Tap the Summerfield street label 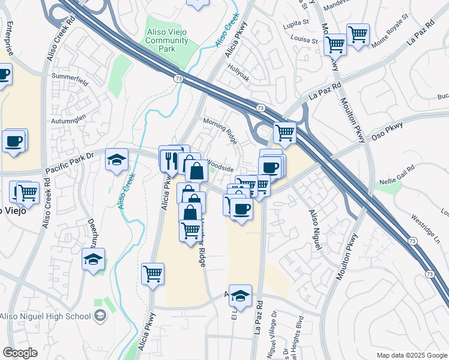pyautogui.click(x=70, y=77)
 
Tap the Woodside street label pyautogui.click(x=220, y=162)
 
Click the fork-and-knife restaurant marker pyautogui.click(x=170, y=158)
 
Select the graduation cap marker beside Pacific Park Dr pyautogui.click(x=116, y=160)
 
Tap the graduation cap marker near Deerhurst pyautogui.click(x=94, y=259)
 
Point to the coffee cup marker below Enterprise pyautogui.click(x=3, y=75)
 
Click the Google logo pyautogui.click(x=20, y=353)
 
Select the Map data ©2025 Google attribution pyautogui.click(x=411, y=355)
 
